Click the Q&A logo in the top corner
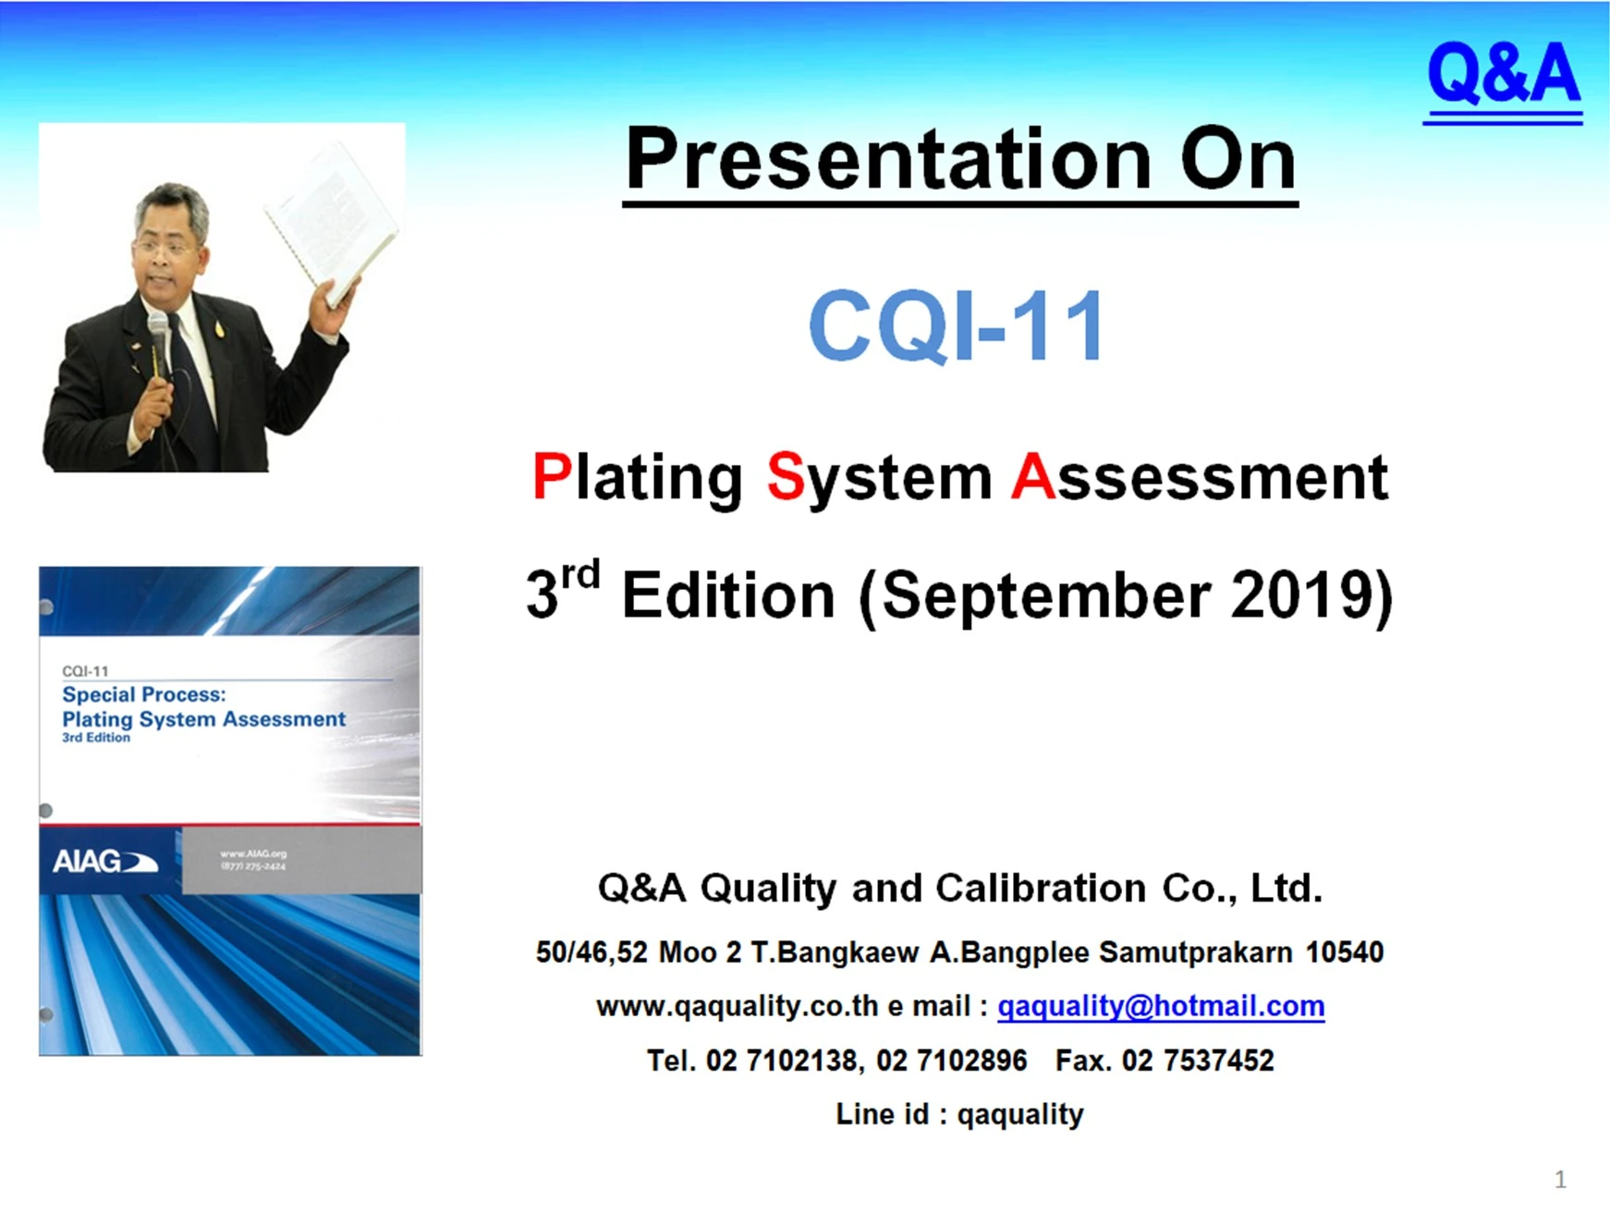point(1503,80)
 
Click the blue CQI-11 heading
point(957,325)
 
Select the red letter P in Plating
point(552,477)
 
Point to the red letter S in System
point(786,477)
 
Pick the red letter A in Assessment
point(1032,477)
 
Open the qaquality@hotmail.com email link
point(1161,1006)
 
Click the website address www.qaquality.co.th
point(738,1006)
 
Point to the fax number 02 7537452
point(1198,1060)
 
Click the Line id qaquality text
point(959,1114)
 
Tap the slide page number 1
point(1560,1179)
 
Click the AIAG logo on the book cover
point(104,862)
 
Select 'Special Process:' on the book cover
point(144,694)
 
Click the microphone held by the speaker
point(159,342)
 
